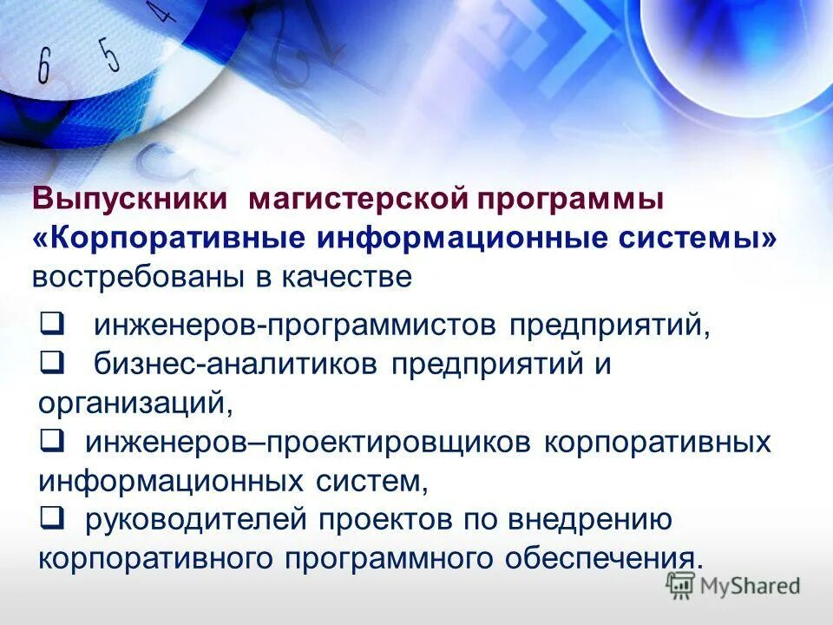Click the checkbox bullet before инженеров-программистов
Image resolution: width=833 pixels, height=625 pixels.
coord(50,326)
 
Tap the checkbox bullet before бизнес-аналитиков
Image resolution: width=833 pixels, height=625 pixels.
coord(50,362)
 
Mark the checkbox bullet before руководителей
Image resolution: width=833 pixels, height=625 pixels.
coord(50,517)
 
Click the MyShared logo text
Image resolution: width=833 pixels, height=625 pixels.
coord(747,586)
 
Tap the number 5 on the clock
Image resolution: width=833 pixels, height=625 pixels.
coord(108,54)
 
